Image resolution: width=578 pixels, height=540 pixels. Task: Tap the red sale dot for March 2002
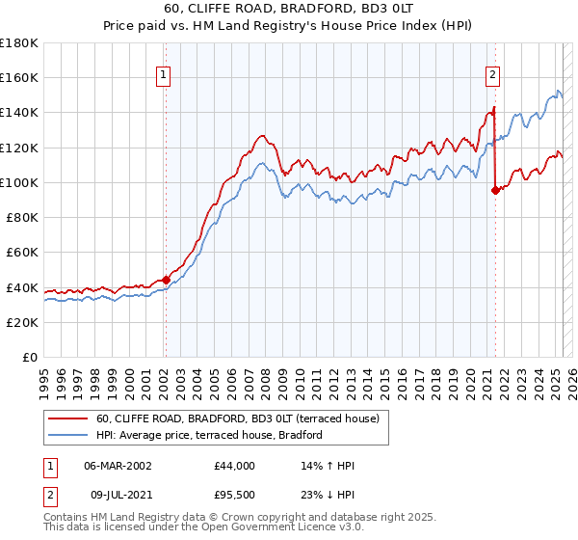pos(165,280)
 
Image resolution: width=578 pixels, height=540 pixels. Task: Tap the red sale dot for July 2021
pos(495,190)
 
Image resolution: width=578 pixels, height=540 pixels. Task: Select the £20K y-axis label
pos(22,322)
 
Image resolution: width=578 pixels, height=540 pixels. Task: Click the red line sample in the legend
pos(68,418)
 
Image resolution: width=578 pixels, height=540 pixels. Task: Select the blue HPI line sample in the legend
pos(68,435)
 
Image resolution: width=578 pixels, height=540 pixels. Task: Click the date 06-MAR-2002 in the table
pos(118,466)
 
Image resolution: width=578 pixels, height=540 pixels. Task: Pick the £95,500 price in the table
pos(235,497)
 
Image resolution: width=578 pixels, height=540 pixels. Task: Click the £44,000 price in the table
pos(235,466)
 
